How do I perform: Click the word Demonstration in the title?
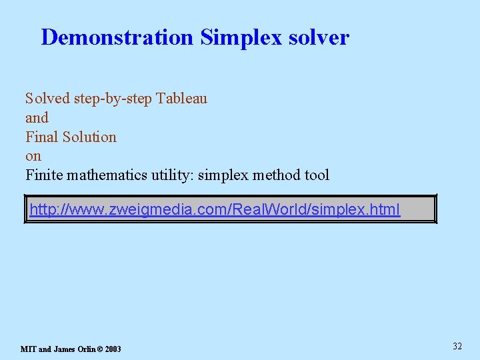117,37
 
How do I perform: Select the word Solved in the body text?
47,99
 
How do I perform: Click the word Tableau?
182,99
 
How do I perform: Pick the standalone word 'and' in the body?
37,118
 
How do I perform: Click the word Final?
42,137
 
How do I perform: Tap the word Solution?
89,137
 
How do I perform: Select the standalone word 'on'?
33,157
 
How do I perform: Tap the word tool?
315,175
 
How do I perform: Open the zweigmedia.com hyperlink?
215,210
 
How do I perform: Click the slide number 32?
457,346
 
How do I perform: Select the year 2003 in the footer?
113,349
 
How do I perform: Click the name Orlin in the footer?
85,349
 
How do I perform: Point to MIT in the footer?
28,349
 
